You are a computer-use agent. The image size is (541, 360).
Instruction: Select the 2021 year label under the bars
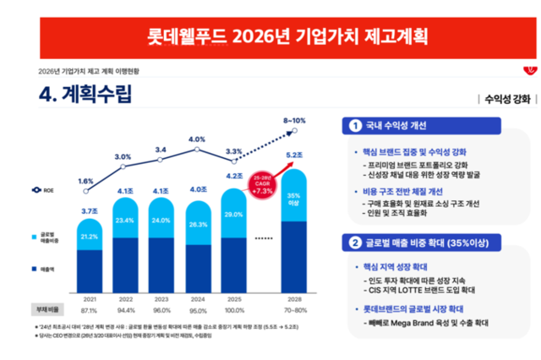(x=89, y=299)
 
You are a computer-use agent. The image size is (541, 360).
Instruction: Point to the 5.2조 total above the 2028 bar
(x=295, y=155)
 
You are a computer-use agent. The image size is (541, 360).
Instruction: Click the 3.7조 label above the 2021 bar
(x=89, y=210)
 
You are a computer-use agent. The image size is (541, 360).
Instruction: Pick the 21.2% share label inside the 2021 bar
(x=89, y=237)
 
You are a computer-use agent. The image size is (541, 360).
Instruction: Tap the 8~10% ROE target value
(x=295, y=121)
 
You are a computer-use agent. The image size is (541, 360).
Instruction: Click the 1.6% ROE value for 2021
(x=85, y=181)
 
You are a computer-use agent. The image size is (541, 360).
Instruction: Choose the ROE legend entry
(x=45, y=191)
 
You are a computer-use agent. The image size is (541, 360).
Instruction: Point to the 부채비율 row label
(x=46, y=310)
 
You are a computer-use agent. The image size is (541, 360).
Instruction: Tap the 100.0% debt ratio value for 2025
(x=234, y=310)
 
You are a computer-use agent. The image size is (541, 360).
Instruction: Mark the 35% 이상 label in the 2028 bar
(x=295, y=199)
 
